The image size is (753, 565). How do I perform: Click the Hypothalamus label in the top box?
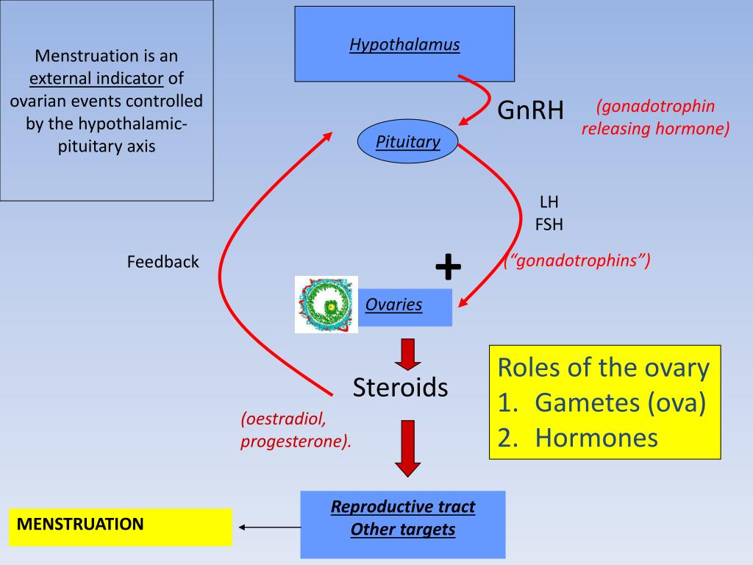click(x=404, y=45)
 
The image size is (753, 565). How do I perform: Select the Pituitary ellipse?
click(x=407, y=141)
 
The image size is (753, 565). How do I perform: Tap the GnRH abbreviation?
click(x=530, y=110)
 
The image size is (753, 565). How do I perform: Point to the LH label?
click(x=549, y=202)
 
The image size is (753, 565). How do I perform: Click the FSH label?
click(x=549, y=224)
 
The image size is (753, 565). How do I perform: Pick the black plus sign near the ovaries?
click(x=448, y=266)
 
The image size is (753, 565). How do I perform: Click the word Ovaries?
click(x=394, y=305)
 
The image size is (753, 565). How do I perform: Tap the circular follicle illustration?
click(x=326, y=305)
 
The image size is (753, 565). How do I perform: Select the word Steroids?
click(x=400, y=387)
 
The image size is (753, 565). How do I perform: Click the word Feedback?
click(x=163, y=262)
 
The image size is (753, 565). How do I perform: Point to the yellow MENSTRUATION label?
click(x=120, y=527)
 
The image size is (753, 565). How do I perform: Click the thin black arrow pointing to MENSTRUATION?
click(x=270, y=527)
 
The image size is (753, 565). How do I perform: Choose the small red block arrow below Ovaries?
click(x=407, y=355)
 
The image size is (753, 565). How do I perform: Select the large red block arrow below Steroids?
click(x=407, y=449)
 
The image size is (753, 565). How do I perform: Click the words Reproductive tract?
click(x=403, y=506)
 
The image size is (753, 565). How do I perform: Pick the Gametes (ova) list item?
click(x=602, y=402)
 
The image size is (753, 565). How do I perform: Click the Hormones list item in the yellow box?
click(x=578, y=438)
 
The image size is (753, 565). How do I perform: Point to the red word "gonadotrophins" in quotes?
click(x=577, y=260)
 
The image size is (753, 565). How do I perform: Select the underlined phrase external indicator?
click(x=96, y=78)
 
